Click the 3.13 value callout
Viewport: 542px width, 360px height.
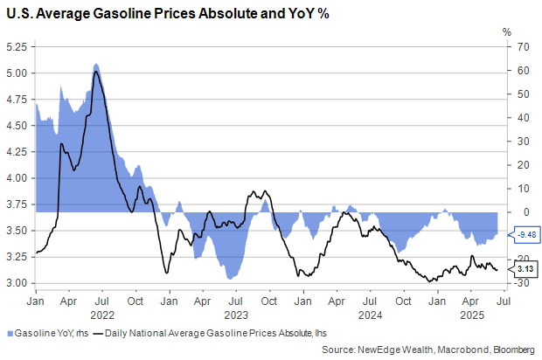coord(525,270)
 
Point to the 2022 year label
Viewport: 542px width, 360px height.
coord(102,315)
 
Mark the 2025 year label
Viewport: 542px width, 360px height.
coord(472,315)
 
